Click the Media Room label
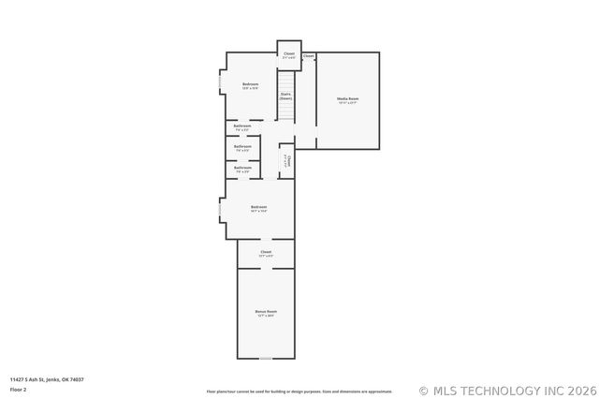coord(348,100)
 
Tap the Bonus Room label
coord(266,313)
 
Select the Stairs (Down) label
coord(285,96)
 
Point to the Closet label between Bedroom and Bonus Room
coord(266,253)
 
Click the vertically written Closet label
coord(288,162)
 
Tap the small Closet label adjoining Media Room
coord(308,56)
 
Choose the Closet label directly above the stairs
coord(289,55)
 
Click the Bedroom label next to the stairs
coord(250,86)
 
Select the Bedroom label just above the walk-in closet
coord(258,208)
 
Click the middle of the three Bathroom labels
coord(242,148)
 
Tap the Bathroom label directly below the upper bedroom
coord(242,126)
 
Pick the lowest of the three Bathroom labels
coord(242,170)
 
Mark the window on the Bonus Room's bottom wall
coord(266,358)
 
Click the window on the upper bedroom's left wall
coord(221,82)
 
